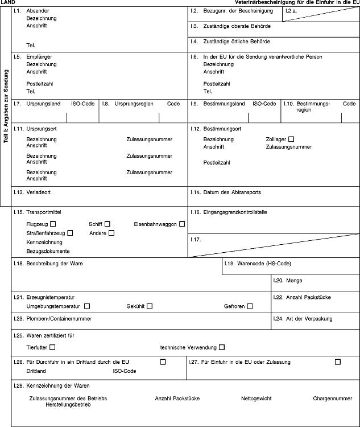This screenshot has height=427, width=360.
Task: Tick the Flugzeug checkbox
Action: pyautogui.click(x=53, y=224)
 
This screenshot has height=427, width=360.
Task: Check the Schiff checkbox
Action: pyautogui.click(x=107, y=224)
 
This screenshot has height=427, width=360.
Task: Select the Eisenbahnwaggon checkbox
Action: pyautogui.click(x=182, y=224)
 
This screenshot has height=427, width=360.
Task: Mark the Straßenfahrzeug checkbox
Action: pyautogui.click(x=71, y=233)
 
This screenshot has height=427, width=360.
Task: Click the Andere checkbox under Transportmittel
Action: pyautogui.click(x=111, y=233)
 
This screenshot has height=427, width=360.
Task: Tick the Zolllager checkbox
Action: pyautogui.click(x=291, y=139)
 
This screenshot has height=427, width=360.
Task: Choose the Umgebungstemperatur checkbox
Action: pyautogui.click(x=86, y=306)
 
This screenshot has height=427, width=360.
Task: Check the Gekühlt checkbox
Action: pyautogui.click(x=150, y=306)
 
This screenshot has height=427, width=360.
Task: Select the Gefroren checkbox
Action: pyautogui.click(x=250, y=306)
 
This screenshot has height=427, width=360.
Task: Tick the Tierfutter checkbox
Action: pyautogui.click(x=52, y=347)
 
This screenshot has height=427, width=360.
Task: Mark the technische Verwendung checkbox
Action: pyautogui.click(x=222, y=347)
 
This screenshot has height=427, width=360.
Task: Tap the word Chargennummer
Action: pyautogui.click(x=333, y=399)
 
